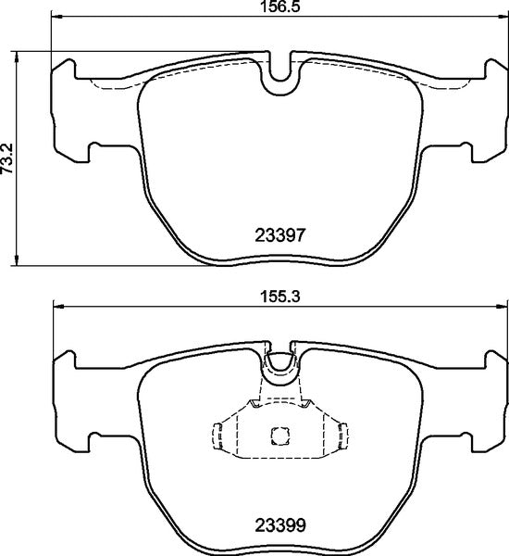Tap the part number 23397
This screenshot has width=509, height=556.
[279, 236]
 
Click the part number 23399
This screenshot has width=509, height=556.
[279, 525]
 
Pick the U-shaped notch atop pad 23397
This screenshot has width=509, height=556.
[279, 80]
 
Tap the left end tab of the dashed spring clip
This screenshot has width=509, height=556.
[218, 435]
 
